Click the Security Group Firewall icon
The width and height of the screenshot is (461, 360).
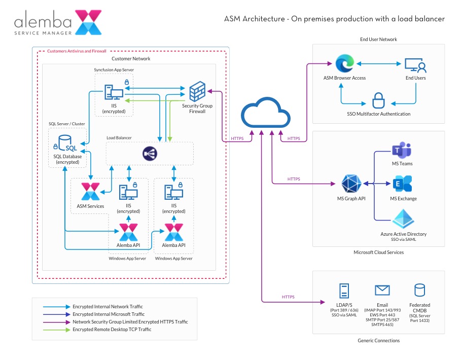197,92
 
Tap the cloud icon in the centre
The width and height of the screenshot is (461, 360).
262,114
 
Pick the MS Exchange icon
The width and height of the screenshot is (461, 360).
402,184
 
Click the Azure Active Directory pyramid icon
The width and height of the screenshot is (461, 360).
403,219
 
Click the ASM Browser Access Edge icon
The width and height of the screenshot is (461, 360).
344,64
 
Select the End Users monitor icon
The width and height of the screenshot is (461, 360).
415,65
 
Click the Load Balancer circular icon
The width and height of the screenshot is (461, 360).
150,153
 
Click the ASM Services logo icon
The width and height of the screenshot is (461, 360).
90,192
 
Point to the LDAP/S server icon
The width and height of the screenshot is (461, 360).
344,291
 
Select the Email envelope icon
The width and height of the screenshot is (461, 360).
382,290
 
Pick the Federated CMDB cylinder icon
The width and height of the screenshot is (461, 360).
419,290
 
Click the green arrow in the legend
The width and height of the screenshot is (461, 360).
56,330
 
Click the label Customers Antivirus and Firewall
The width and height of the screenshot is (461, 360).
77,51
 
